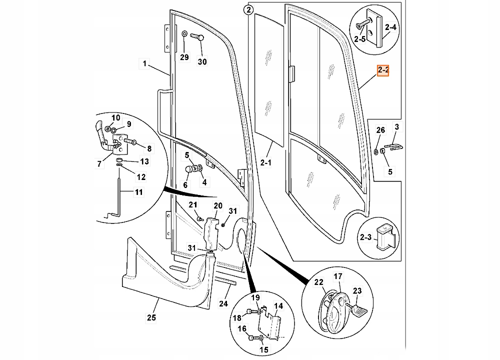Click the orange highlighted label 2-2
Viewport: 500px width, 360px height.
coord(383,71)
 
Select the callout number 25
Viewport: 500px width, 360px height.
coord(151,317)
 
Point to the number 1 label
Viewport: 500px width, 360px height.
coord(144,63)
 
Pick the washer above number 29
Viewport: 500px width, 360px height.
coord(184,34)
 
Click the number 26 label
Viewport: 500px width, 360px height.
coord(380,130)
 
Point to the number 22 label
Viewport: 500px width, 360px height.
coord(318,282)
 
